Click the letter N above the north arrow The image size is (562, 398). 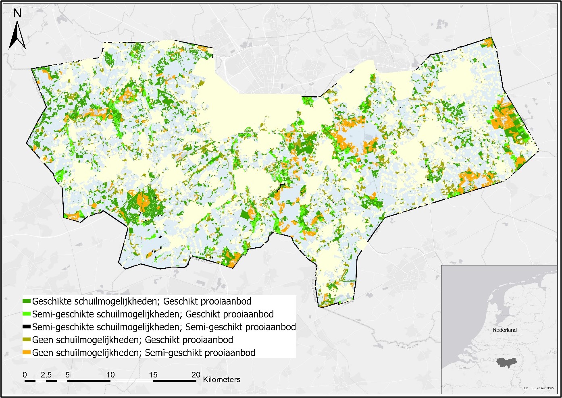(17, 13)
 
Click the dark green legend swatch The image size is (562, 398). (27, 301)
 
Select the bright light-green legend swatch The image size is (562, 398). (27, 314)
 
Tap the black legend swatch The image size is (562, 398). (27, 327)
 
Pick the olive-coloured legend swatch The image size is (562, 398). (27, 340)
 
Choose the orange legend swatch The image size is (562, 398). (27, 353)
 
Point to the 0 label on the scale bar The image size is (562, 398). (25, 375)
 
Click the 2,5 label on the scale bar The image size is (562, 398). (46, 375)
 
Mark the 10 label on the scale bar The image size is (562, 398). (110, 375)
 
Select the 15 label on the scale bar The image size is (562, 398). (153, 375)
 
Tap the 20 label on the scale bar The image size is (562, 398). (196, 375)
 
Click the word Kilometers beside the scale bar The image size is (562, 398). (222, 379)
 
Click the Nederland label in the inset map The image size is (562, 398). (504, 330)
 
